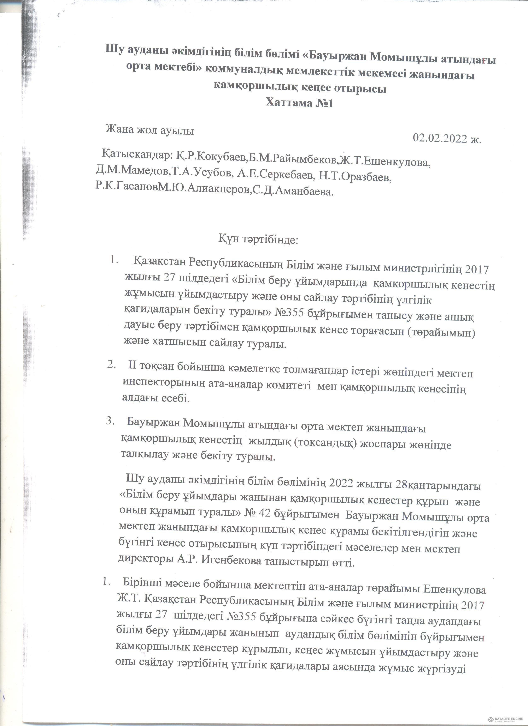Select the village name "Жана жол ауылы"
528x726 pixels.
150,131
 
